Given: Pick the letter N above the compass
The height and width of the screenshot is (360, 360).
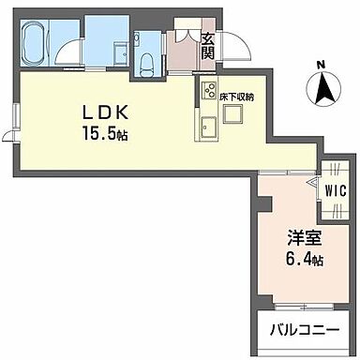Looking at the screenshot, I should tap(321, 65).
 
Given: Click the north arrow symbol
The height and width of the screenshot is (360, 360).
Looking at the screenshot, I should tap(322, 90).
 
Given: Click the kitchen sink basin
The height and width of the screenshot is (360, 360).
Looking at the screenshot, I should tap(206, 127).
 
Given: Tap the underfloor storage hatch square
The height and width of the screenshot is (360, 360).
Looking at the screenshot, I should tap(233, 112).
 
